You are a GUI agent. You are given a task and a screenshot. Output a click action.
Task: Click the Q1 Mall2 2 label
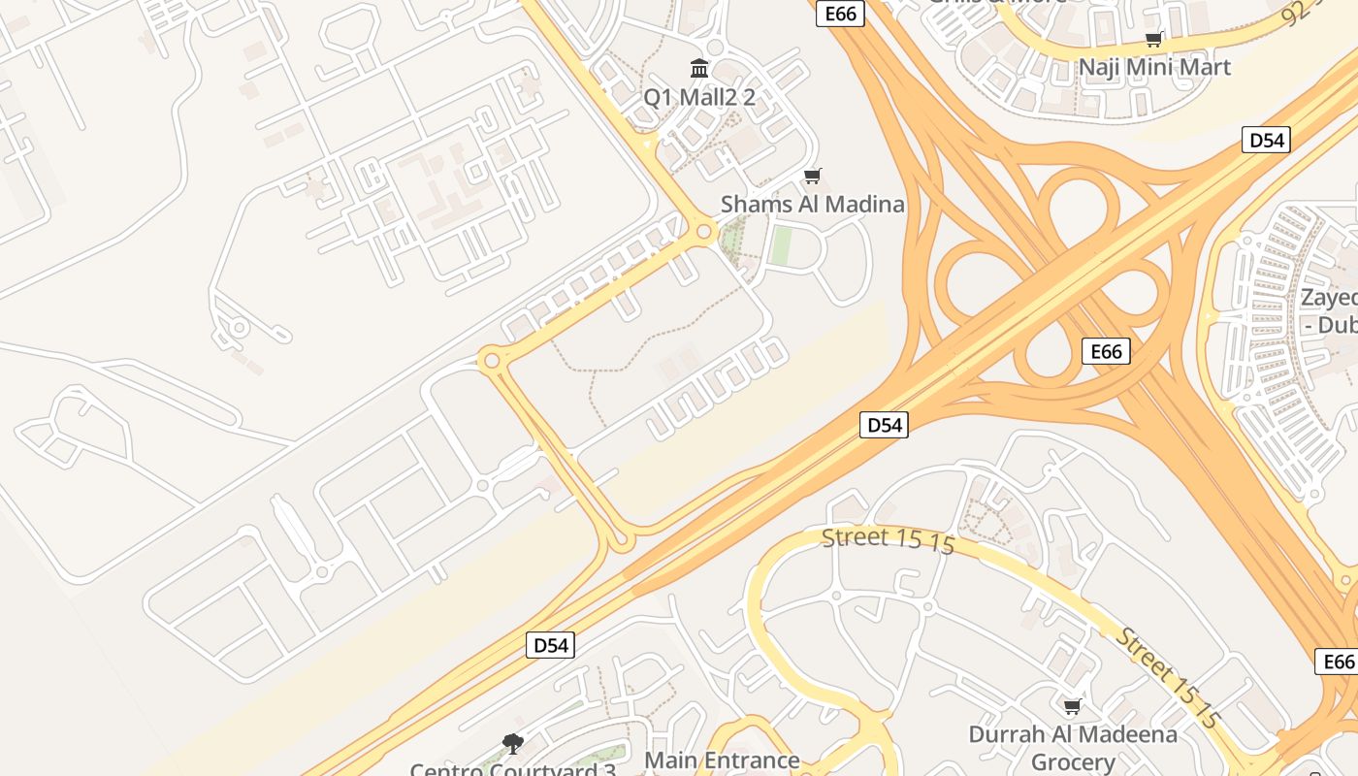[699, 97]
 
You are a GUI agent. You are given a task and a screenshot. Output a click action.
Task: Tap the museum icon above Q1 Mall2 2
[699, 68]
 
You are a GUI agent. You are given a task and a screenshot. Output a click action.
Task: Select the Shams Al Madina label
[812, 205]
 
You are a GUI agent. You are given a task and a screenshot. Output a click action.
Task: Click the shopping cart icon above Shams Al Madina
[813, 176]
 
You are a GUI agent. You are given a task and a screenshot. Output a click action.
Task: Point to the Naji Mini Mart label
[1154, 68]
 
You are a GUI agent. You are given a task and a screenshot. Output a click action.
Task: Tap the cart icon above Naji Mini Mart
[1154, 39]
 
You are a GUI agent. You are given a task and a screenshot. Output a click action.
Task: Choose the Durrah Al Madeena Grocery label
[1073, 748]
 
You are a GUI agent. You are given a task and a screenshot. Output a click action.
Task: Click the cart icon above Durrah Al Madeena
[1073, 706]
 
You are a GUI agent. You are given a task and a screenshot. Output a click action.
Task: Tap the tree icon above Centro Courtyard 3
[513, 744]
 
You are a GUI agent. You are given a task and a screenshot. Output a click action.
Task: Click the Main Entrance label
[723, 760]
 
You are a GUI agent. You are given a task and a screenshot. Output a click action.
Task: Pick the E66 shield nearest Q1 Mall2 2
[840, 13]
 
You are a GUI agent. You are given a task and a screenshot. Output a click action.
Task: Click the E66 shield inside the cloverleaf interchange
[1106, 351]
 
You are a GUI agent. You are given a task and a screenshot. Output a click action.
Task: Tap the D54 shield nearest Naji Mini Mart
[1266, 140]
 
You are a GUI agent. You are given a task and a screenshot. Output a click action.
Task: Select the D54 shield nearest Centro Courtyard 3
[551, 645]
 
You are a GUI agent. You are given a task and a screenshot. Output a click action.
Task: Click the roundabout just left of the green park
[704, 232]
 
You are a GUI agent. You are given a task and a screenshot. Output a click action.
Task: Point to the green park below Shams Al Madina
[781, 245]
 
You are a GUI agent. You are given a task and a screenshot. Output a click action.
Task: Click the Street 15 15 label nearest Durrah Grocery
[1167, 678]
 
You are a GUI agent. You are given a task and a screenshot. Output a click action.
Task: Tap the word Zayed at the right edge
[1330, 298]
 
